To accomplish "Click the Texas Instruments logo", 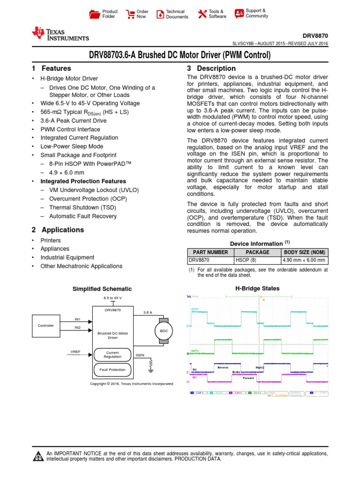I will tap(60, 34).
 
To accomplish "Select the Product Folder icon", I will tap(95, 14).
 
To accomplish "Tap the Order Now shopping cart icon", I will tap(131, 14).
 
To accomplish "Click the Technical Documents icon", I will tap(160, 14).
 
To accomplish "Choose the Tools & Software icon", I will tap(202, 14).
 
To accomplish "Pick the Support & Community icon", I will tap(239, 13).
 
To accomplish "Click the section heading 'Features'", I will tap(56, 68).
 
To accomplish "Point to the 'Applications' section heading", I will tap(63, 230).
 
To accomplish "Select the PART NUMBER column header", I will tap(210, 252).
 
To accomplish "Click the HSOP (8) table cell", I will tap(257, 261).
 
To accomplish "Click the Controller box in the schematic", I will tap(46, 325).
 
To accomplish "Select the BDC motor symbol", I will tap(164, 330).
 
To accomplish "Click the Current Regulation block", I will tap(112, 354).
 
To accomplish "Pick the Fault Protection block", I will tap(112, 370).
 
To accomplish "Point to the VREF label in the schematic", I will tap(75, 351).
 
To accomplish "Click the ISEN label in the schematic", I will tap(140, 355).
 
